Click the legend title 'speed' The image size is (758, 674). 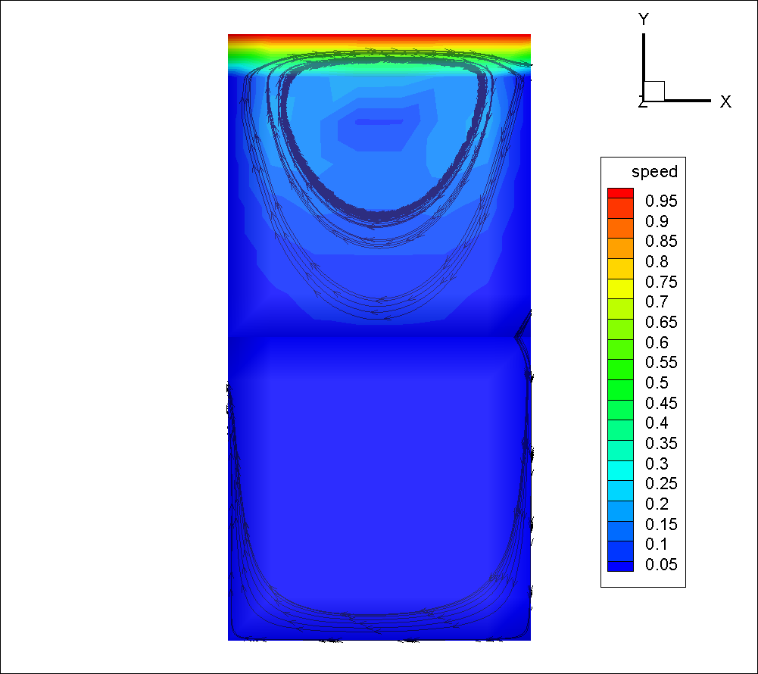[654, 172]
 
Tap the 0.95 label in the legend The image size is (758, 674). [661, 201]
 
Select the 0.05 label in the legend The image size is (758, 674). [661, 564]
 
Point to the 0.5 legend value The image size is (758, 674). [657, 382]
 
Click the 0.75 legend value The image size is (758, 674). [661, 282]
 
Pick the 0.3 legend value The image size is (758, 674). [657, 463]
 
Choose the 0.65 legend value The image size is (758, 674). [661, 322]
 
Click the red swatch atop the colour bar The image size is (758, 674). [620, 193]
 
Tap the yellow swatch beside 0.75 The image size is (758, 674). [620, 289]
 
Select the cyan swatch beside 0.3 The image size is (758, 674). [620, 470]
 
